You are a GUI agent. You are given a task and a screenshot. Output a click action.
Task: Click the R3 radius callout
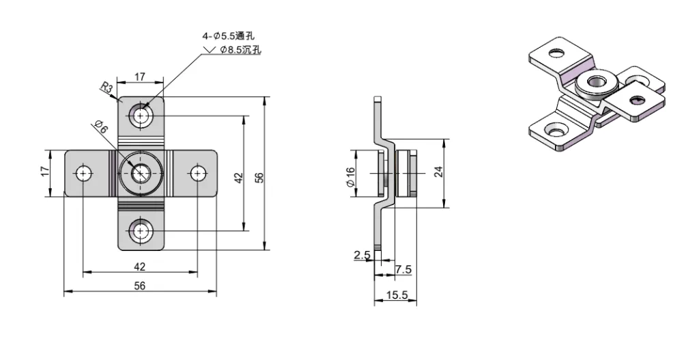pyautogui.click(x=106, y=88)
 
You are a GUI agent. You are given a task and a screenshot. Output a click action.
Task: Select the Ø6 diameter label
pyautogui.click(x=100, y=126)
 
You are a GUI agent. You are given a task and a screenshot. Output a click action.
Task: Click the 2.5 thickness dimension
pyautogui.click(x=361, y=255)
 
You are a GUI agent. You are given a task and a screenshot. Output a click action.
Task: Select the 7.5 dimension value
pyautogui.click(x=403, y=270)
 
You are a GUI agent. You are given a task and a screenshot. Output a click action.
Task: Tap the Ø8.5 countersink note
pyautogui.click(x=239, y=50)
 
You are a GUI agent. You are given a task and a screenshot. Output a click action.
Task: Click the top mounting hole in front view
pyautogui.click(x=141, y=116)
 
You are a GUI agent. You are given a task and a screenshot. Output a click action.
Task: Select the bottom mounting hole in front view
pyautogui.click(x=141, y=230)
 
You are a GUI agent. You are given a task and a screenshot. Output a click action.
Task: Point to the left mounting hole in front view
pyautogui.click(x=83, y=174)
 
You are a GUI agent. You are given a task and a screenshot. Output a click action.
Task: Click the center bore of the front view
pyautogui.click(x=141, y=174)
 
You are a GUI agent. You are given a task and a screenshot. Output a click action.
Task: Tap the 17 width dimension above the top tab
pyautogui.click(x=139, y=77)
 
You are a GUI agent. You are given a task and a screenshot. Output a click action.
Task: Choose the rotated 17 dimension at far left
pyautogui.click(x=46, y=170)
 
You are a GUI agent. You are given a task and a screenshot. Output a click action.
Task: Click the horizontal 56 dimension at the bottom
pyautogui.click(x=139, y=286)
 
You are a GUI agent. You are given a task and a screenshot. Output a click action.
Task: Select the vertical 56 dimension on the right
pyautogui.click(x=259, y=177)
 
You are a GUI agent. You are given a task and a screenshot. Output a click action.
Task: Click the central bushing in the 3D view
pyautogui.click(x=592, y=85)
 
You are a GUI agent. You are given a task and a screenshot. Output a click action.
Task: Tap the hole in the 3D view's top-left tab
pyautogui.click(x=558, y=52)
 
